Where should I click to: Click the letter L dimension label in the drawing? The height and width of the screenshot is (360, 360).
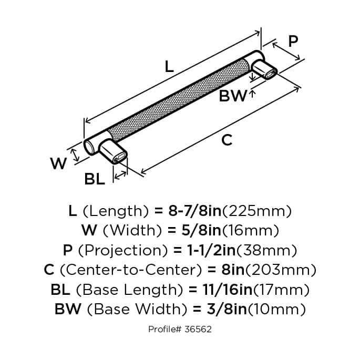tap(168, 67)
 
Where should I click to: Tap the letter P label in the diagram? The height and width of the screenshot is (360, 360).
tap(294, 40)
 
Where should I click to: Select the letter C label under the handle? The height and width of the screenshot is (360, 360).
tap(227, 140)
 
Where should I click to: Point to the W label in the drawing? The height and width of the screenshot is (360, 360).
tap(58, 164)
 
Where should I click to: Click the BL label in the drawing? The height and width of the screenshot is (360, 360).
tap(95, 179)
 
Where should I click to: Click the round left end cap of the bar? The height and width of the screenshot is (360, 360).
tap(90, 146)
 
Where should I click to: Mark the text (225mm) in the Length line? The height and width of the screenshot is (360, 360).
tap(258, 211)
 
